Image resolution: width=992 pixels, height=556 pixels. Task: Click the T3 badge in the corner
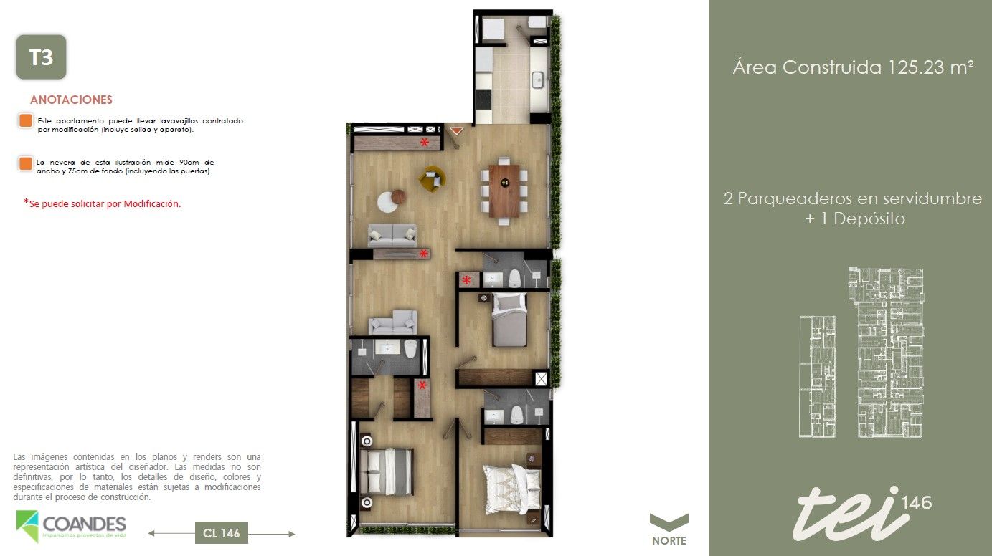pos(41,57)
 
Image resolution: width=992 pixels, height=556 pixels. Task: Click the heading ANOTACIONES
pos(71,100)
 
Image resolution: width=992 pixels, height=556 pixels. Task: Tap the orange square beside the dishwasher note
pos(26,120)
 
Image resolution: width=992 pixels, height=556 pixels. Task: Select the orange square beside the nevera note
pos(26,163)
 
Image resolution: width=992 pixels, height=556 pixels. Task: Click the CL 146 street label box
pos(221,533)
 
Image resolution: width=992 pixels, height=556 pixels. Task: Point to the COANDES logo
pos(71,526)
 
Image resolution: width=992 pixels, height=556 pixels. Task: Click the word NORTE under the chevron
pos(669,541)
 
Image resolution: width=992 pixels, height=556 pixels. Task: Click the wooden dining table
pos(505,190)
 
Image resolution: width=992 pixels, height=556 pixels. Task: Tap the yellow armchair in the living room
pos(432,178)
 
